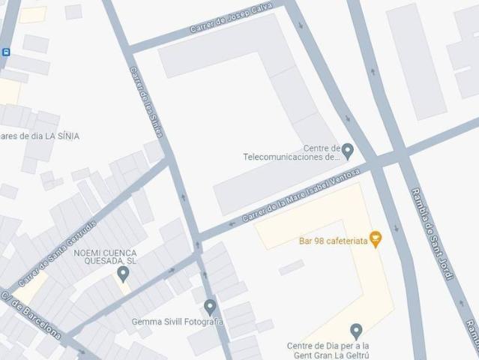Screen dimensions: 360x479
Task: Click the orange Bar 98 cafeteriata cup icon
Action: click(376, 240)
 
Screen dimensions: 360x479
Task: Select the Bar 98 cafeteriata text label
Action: click(333, 241)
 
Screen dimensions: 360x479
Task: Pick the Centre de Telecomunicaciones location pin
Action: click(347, 151)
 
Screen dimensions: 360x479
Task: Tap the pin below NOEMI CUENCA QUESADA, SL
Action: click(124, 274)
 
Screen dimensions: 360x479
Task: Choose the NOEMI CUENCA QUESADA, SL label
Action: click(104, 257)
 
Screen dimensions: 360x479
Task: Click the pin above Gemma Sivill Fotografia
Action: click(210, 306)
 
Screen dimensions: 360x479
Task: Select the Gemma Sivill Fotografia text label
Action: click(178, 322)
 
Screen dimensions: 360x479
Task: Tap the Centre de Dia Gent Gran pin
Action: click(356, 330)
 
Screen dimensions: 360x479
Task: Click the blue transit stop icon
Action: click(6, 52)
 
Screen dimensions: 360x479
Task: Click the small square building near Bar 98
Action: click(292, 267)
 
